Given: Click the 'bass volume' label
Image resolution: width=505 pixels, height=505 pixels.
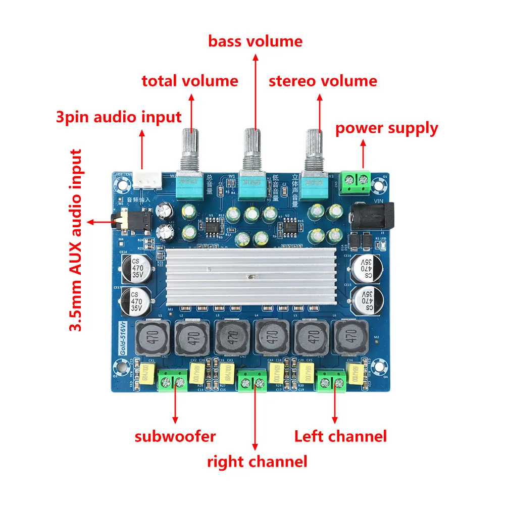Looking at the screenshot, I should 255,41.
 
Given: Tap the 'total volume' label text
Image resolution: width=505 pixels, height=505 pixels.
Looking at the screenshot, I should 189,81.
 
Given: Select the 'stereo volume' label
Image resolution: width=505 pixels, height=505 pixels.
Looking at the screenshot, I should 323,81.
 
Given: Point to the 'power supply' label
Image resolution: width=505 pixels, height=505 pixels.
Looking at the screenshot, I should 387,128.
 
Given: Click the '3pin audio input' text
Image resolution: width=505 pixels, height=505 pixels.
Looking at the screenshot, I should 118,117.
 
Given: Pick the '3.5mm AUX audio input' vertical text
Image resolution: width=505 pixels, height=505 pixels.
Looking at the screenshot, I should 76,240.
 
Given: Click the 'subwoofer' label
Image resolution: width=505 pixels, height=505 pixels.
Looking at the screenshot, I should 175,436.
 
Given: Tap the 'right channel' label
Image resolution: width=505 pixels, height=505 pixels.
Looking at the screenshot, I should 257,461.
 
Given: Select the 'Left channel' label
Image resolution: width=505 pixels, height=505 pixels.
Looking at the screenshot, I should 340,436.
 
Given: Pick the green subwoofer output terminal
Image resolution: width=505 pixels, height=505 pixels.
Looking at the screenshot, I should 173,380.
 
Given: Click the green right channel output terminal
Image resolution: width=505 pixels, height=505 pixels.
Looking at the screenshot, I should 252,381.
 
